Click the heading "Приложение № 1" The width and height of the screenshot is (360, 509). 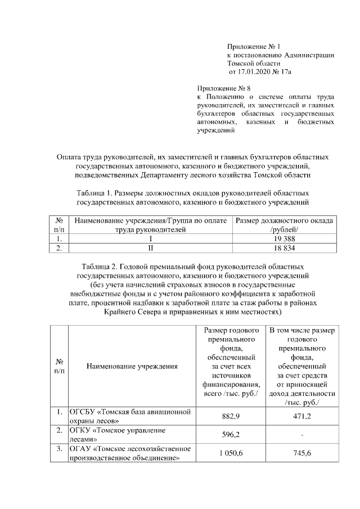pos(253,46)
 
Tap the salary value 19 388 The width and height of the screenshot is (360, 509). pos(283,238)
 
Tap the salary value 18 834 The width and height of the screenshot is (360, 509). pos(283,248)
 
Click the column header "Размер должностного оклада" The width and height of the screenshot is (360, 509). pos(283,220)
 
